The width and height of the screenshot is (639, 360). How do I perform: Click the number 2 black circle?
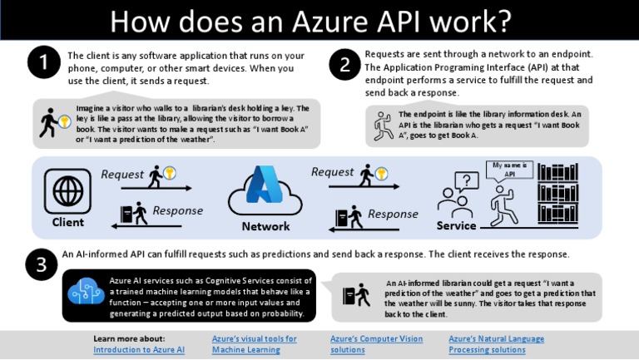click(x=344, y=67)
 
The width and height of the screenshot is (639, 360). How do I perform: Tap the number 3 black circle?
click(x=42, y=265)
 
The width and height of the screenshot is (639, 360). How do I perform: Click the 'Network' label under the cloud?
click(x=265, y=226)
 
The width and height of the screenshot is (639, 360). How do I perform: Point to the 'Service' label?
click(x=456, y=225)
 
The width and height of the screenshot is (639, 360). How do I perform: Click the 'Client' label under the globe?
click(x=68, y=223)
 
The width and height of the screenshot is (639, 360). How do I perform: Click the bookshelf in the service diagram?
click(x=557, y=196)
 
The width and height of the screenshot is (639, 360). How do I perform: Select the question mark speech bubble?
click(x=467, y=180)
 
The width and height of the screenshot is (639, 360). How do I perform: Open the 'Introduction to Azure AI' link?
click(x=139, y=350)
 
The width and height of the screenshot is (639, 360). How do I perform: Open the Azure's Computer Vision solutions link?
click(x=376, y=344)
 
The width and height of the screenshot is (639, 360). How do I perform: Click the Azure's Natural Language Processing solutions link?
click(x=496, y=344)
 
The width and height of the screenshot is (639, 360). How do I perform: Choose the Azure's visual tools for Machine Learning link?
click(x=254, y=344)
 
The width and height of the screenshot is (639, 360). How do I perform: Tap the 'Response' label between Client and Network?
click(x=178, y=210)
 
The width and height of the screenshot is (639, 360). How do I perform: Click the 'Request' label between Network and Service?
click(x=332, y=172)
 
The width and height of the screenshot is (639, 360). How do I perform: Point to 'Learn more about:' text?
click(x=129, y=338)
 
